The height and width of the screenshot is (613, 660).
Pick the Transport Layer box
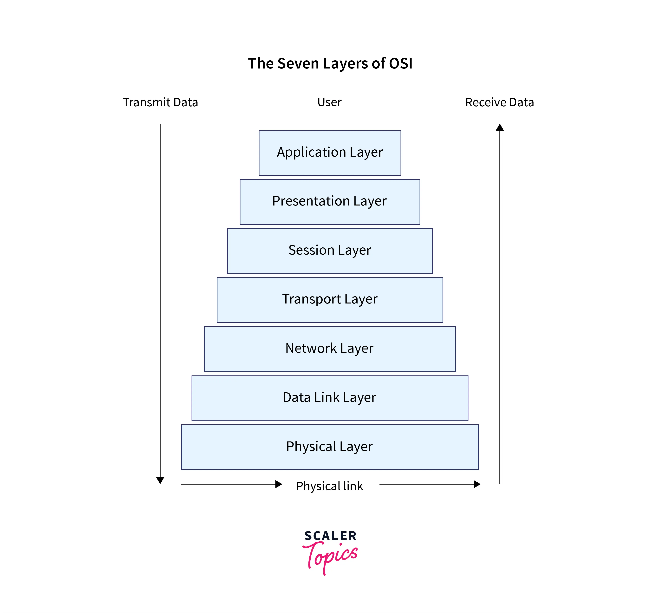330,300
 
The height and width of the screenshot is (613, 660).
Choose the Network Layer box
330,349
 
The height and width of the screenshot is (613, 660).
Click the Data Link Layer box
330,398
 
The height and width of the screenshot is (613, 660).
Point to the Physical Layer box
330,447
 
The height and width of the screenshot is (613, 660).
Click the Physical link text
329,486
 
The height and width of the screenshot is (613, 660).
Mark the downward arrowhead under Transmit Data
160,480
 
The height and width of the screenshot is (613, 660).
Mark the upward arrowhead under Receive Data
500,127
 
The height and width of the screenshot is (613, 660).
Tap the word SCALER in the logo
331,536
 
